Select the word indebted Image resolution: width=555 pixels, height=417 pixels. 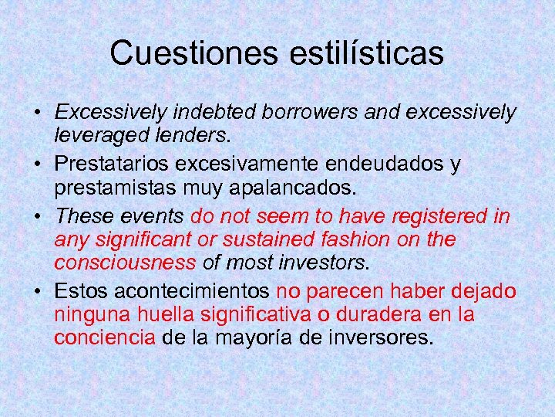pyautogui.click(x=216, y=113)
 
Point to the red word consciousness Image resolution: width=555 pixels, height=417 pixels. pyautogui.click(x=125, y=263)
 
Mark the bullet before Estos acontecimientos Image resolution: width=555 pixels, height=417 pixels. pyautogui.click(x=38, y=292)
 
